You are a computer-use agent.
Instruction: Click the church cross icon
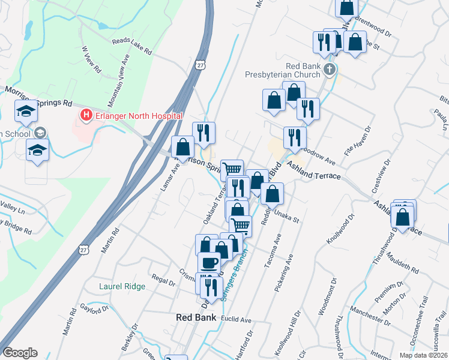[328, 70]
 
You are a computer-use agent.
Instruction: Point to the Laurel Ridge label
[122, 287]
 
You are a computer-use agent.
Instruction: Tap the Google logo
[20, 353]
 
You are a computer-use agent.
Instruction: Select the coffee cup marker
[209, 262]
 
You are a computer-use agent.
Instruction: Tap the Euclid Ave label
[236, 320]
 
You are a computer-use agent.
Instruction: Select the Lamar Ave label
[170, 178]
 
